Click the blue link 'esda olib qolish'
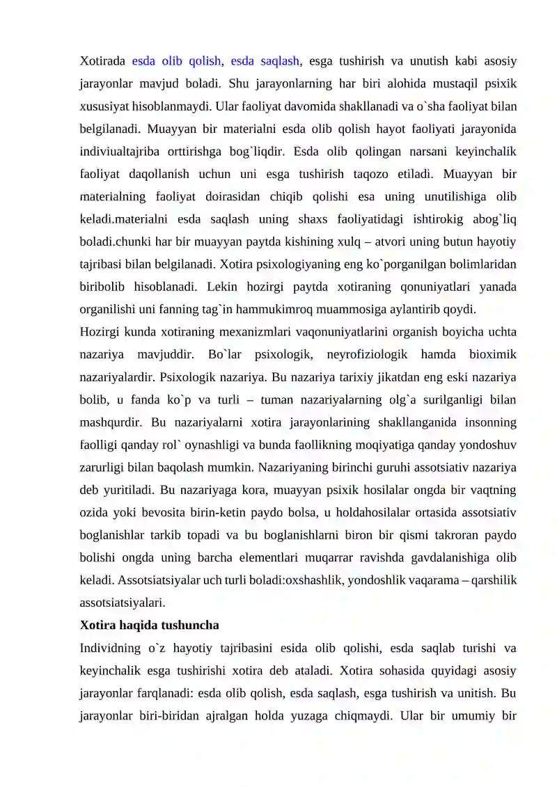(x=176, y=61)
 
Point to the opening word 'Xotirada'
(x=102, y=61)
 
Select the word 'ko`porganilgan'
(x=390, y=264)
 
